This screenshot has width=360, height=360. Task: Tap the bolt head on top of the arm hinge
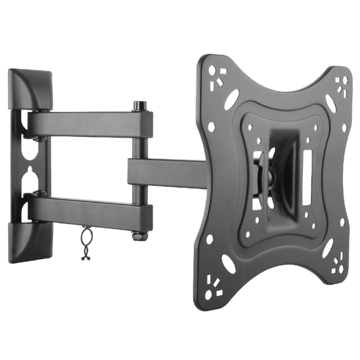click(x=139, y=105)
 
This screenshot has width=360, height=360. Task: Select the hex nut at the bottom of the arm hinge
click(x=139, y=237)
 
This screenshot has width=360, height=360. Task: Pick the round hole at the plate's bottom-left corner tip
click(x=209, y=295)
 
